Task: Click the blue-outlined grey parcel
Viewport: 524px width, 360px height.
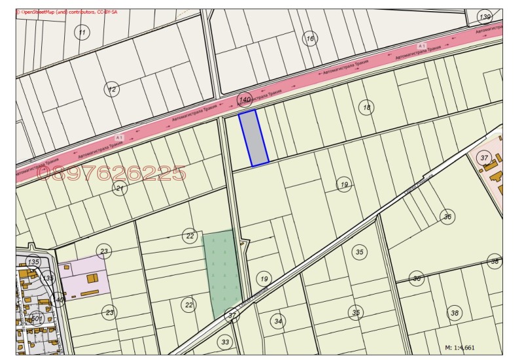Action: point(253,137)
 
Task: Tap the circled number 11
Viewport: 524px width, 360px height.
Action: point(82,33)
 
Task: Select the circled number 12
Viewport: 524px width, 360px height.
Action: point(113,89)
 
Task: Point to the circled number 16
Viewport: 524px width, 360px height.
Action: point(310,39)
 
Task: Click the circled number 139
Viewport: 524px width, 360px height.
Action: point(485,17)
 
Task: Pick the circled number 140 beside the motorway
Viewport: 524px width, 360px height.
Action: point(245,99)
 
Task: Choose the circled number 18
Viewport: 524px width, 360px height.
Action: point(367,107)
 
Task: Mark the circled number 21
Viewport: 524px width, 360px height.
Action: point(119,189)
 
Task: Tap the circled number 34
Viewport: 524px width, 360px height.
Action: point(278,321)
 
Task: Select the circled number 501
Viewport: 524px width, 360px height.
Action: point(37,319)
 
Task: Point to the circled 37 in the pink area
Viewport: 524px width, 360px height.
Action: point(484,158)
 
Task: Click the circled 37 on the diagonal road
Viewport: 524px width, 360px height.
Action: point(232,315)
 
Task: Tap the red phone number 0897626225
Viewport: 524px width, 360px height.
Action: point(111,173)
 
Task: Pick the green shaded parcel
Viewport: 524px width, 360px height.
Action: point(223,265)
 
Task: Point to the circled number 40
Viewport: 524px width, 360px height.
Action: point(58,300)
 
